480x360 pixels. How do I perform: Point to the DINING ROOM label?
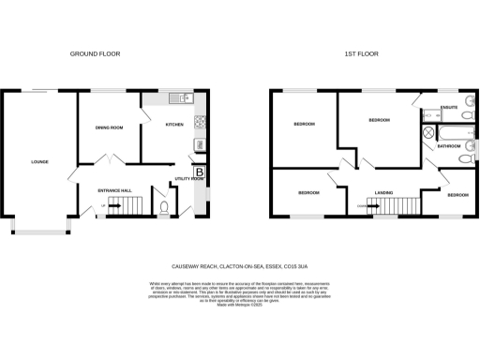tap(109, 128)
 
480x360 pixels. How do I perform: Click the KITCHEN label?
tap(175, 124)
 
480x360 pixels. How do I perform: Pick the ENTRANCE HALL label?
tap(113, 189)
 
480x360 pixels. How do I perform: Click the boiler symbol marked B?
tap(199, 172)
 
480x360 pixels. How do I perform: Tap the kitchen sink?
tap(186, 98)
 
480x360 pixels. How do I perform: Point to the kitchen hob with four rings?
tap(199, 122)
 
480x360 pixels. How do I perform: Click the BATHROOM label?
tap(448, 146)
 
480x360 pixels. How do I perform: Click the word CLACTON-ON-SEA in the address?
tap(232, 264)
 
